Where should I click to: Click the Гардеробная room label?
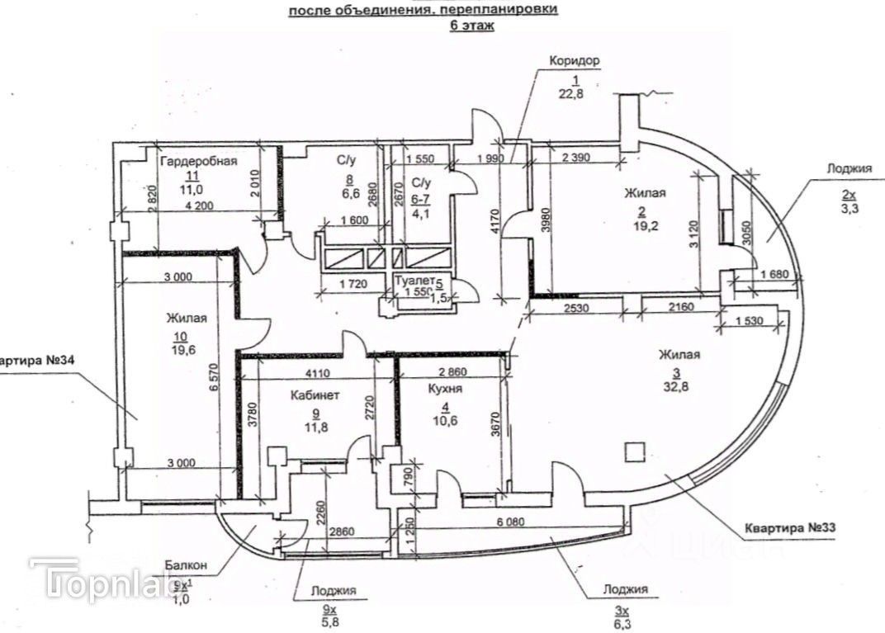coord(199,162)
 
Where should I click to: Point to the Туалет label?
coord(415,281)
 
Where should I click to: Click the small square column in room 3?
coord(633,452)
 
